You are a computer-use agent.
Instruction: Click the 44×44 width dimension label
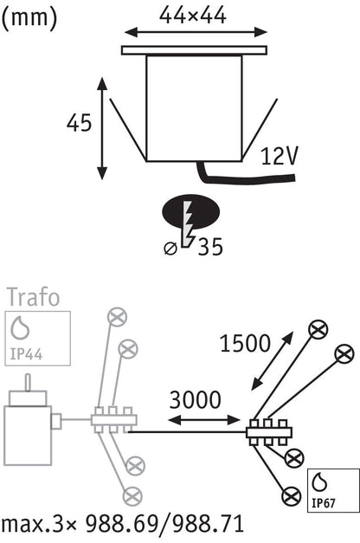click(x=192, y=16)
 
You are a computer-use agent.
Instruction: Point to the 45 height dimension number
click(x=80, y=123)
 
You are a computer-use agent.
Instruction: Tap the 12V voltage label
click(x=279, y=156)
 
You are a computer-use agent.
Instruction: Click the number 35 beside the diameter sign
click(x=210, y=247)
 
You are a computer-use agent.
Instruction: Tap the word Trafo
click(x=33, y=297)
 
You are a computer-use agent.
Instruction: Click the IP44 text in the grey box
click(x=26, y=354)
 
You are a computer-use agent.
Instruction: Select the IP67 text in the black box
click(x=324, y=502)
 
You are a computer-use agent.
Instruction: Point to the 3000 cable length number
click(x=195, y=399)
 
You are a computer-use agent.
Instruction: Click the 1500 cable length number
click(x=245, y=344)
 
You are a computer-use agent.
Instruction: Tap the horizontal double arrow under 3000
click(x=204, y=420)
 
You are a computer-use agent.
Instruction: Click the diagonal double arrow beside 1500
click(x=273, y=361)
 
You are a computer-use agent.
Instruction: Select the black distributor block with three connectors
click(x=269, y=432)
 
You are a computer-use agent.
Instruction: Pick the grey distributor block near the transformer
click(x=114, y=420)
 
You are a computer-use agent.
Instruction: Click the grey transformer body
click(x=28, y=436)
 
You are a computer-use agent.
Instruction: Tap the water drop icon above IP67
click(x=319, y=482)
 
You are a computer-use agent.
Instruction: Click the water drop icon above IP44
click(x=20, y=327)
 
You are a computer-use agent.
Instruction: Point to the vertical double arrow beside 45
click(x=102, y=129)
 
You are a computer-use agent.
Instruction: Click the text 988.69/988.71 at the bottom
click(x=164, y=524)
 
